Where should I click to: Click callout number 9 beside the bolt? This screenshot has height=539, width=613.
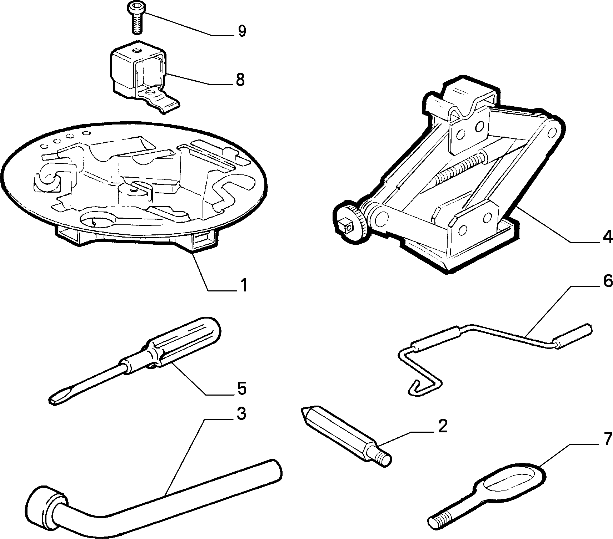click(x=242, y=31)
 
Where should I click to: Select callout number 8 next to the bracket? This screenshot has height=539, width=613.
click(x=240, y=80)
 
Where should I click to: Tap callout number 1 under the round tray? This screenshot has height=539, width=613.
click(x=243, y=285)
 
